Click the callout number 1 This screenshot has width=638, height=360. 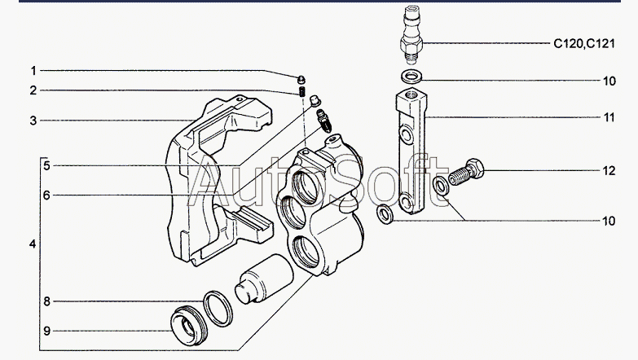click(x=33, y=70)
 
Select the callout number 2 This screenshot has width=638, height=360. click(x=33, y=90)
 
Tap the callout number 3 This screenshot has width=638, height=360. click(x=33, y=121)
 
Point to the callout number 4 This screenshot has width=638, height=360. click(x=33, y=244)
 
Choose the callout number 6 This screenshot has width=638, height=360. click(x=46, y=195)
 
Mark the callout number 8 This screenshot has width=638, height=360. click(x=46, y=301)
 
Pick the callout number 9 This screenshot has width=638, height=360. click(x=46, y=331)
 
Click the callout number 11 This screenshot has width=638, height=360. click(x=608, y=117)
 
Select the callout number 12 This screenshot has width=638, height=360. click(x=608, y=171)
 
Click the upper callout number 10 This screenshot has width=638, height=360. click(x=608, y=81)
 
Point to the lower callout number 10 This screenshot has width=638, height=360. click(x=608, y=221)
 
